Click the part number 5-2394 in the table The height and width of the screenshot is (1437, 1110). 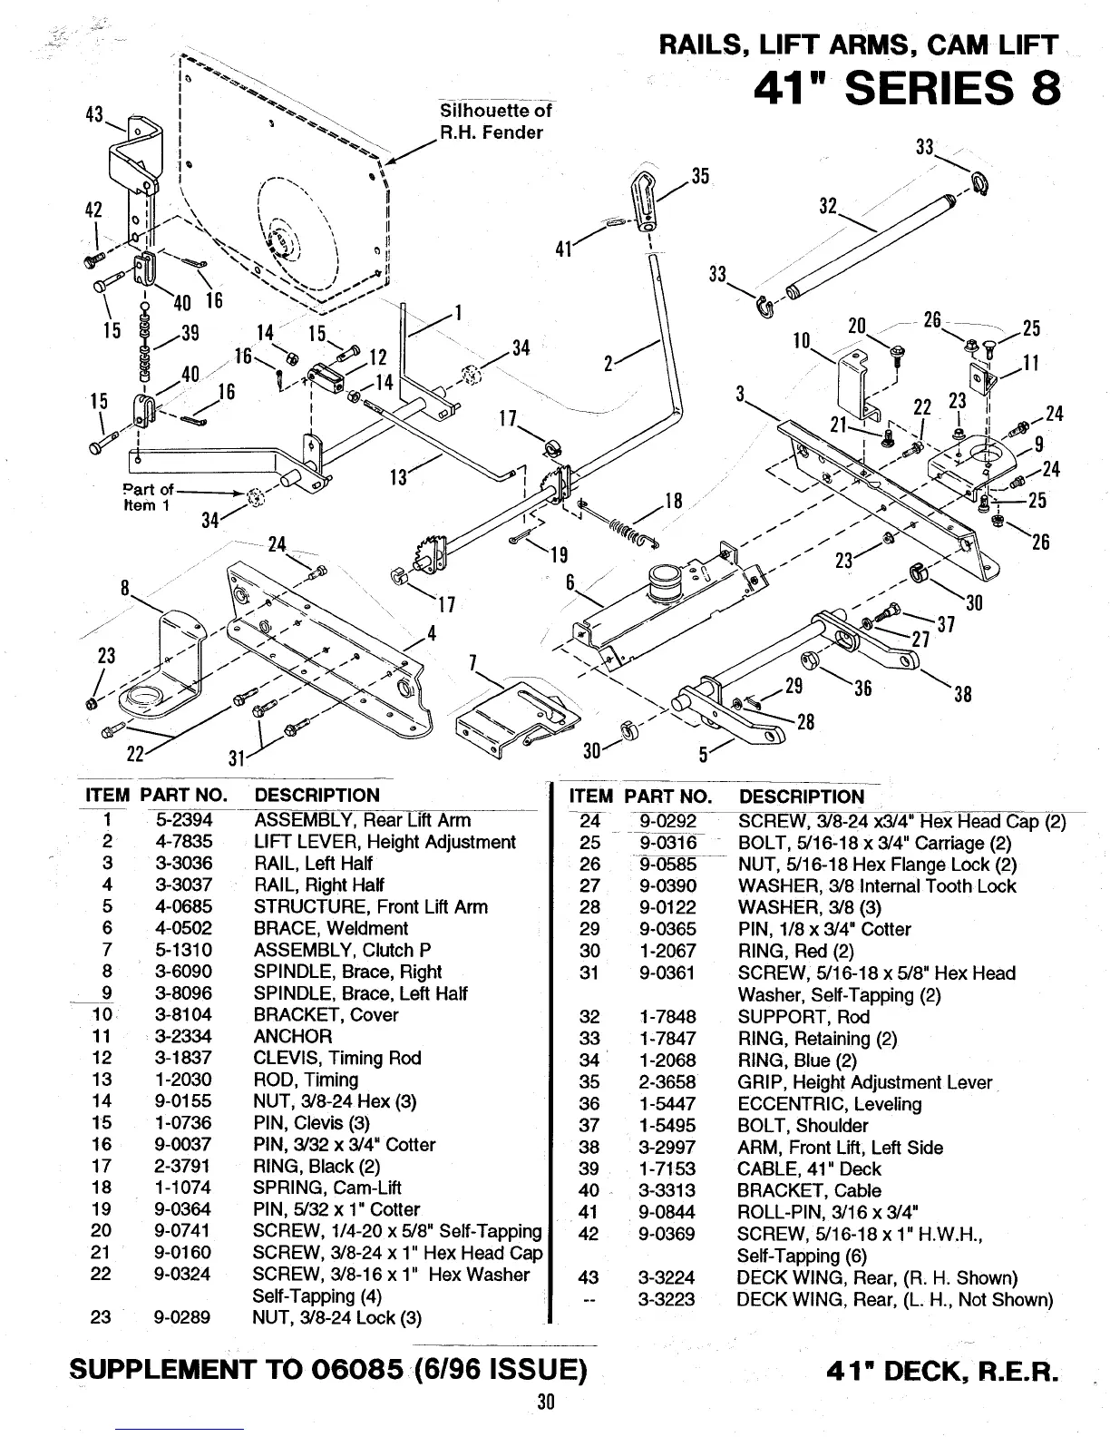coord(183,820)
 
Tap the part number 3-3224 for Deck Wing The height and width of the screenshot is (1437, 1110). coord(666,1278)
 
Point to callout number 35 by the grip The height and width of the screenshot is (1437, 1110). coord(700,176)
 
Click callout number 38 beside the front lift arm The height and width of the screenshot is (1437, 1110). coord(962,694)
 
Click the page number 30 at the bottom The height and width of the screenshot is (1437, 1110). coord(545,1402)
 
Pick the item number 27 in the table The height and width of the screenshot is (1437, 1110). coord(589,886)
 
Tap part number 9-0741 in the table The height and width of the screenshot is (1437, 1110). coord(183,1231)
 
